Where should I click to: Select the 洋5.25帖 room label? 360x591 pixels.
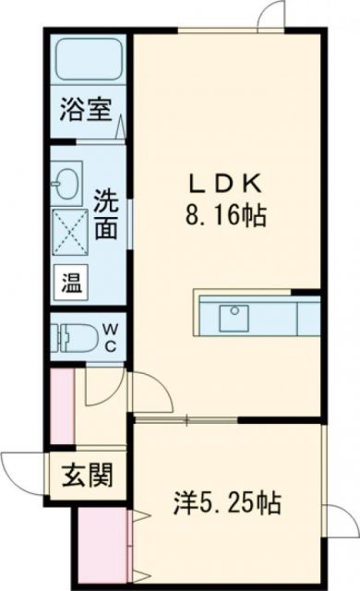click(226, 504)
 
